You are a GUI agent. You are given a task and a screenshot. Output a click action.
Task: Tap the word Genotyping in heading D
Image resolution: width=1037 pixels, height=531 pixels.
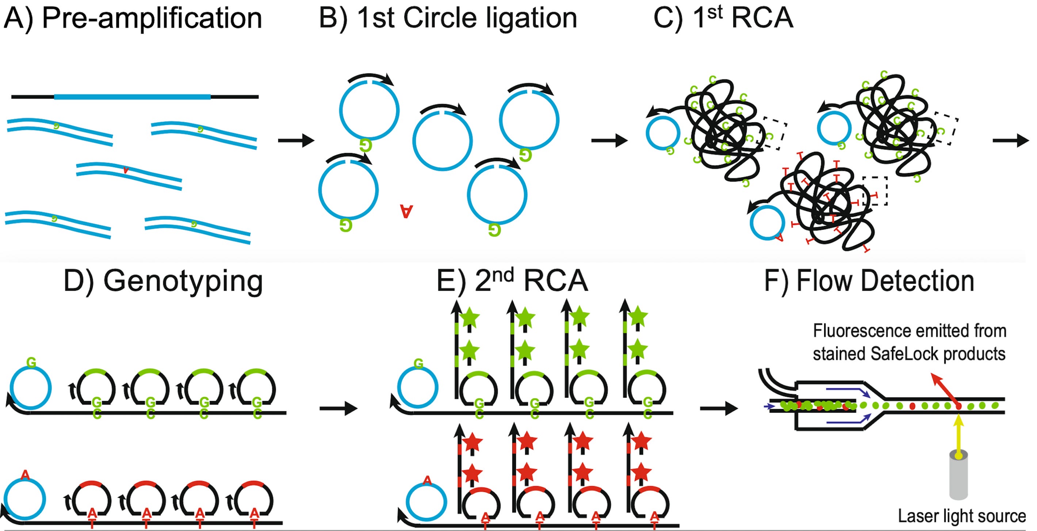pos(183,280)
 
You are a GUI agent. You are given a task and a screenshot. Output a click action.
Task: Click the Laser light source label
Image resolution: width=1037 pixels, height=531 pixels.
pos(962,516)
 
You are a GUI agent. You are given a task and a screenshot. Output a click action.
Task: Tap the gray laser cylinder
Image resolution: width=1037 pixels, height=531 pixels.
pos(958,475)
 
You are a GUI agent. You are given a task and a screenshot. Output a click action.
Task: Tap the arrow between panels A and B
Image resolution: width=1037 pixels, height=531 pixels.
pos(296,141)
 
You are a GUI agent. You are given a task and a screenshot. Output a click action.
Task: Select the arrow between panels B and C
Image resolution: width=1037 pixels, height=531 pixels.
pos(609,141)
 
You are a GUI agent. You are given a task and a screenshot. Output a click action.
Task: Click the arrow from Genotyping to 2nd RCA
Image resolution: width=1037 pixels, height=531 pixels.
pos(338,409)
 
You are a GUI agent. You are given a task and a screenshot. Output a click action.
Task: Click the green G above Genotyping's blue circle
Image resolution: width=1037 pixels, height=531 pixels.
pos(31,362)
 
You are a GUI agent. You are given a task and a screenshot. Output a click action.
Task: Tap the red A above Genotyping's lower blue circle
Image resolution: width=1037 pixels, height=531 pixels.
pos(25,475)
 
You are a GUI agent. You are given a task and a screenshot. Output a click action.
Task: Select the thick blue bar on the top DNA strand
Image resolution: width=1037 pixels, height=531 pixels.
pos(132,97)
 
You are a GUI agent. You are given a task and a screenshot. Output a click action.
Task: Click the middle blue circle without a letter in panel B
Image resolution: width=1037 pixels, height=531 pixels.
pos(443,141)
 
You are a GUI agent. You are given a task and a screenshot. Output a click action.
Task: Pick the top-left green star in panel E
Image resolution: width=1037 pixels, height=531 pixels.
pos(470,319)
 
